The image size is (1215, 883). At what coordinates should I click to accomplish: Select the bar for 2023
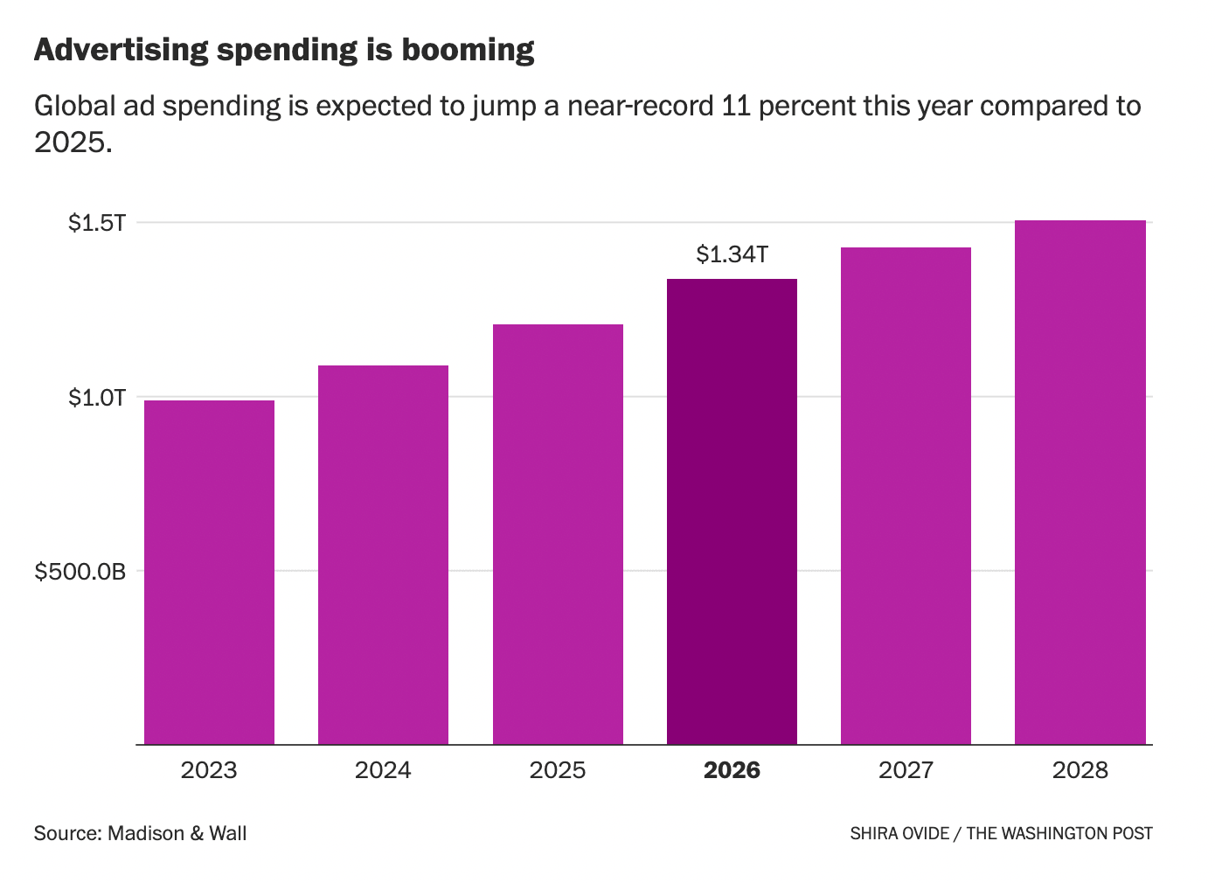[210, 573]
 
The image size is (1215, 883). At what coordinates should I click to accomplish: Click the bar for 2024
[384, 555]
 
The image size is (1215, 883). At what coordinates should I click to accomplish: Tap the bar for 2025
[559, 534]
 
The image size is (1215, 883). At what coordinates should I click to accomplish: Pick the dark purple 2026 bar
[732, 511]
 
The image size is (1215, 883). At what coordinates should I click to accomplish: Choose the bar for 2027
[906, 496]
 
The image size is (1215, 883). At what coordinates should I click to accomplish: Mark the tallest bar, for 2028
[1080, 483]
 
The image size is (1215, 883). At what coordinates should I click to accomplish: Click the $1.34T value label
[732, 254]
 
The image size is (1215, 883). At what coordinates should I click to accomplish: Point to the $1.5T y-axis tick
[97, 223]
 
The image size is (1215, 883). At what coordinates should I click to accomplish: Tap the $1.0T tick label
[97, 398]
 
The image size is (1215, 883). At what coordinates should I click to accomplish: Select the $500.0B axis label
[80, 572]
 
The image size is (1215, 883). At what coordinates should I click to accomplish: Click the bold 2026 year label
[732, 770]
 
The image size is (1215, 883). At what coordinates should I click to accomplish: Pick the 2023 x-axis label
[209, 770]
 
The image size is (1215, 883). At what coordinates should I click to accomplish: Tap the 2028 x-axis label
[1080, 770]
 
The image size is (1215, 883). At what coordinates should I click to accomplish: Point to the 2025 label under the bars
[558, 770]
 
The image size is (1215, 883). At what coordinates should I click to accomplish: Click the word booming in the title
[469, 51]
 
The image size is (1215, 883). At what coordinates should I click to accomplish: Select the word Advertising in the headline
[121, 49]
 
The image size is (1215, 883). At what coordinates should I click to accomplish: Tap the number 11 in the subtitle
[736, 106]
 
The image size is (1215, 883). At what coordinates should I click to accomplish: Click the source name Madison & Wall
[177, 834]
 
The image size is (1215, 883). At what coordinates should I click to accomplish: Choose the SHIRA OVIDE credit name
[899, 834]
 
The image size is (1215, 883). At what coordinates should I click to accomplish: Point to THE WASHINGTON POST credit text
[1059, 834]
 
